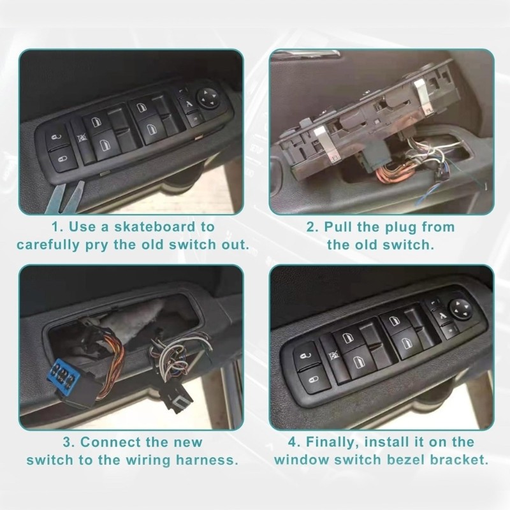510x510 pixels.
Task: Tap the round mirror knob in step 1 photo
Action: coord(208,97)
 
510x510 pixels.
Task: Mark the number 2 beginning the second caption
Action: coord(311,226)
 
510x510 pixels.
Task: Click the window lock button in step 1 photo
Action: coord(81,136)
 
